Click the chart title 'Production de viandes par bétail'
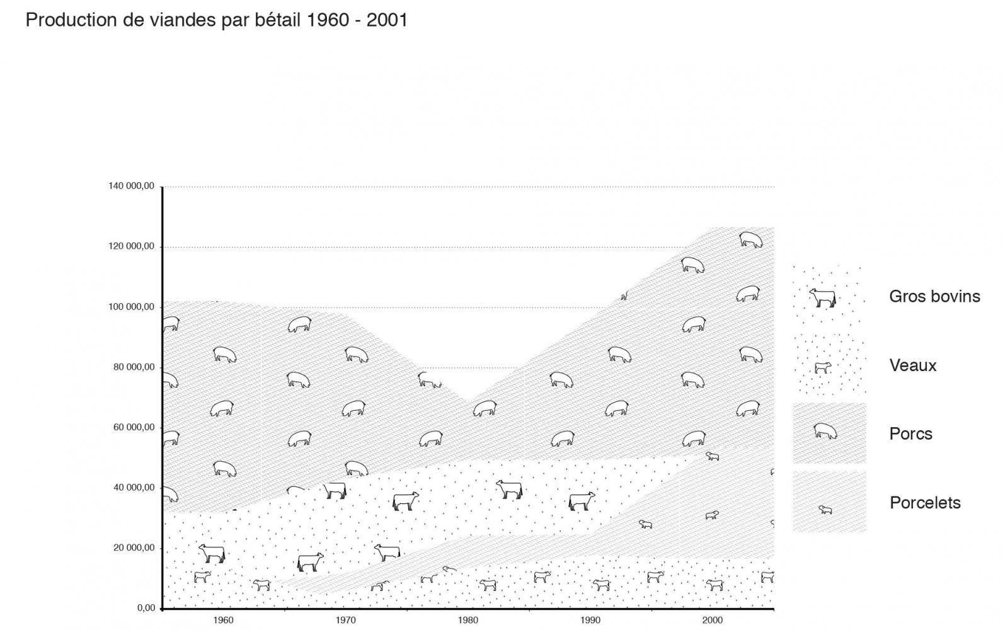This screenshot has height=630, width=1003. coord(216,20)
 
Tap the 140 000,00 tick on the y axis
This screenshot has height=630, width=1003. coord(131,186)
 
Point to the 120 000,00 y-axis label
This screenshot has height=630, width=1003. coord(131,246)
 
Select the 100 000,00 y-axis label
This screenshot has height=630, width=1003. coord(131,307)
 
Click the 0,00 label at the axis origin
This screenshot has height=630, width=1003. coord(146,608)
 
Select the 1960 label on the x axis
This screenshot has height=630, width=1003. coord(223,620)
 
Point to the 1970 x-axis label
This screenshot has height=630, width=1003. coord(345,620)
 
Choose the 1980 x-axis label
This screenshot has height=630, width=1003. coord(467,620)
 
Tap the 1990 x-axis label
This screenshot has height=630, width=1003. coord(590,620)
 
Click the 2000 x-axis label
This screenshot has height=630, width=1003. coord(713,620)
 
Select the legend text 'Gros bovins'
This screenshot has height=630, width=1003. coord(934,296)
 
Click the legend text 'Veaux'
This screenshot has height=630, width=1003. coord(913,365)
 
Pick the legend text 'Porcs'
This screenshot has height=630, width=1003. coord(910,433)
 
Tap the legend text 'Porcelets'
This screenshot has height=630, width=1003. coord(925,503)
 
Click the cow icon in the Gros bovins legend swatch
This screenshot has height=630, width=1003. coord(823,297)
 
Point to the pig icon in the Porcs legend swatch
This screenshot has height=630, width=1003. coord(825,431)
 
